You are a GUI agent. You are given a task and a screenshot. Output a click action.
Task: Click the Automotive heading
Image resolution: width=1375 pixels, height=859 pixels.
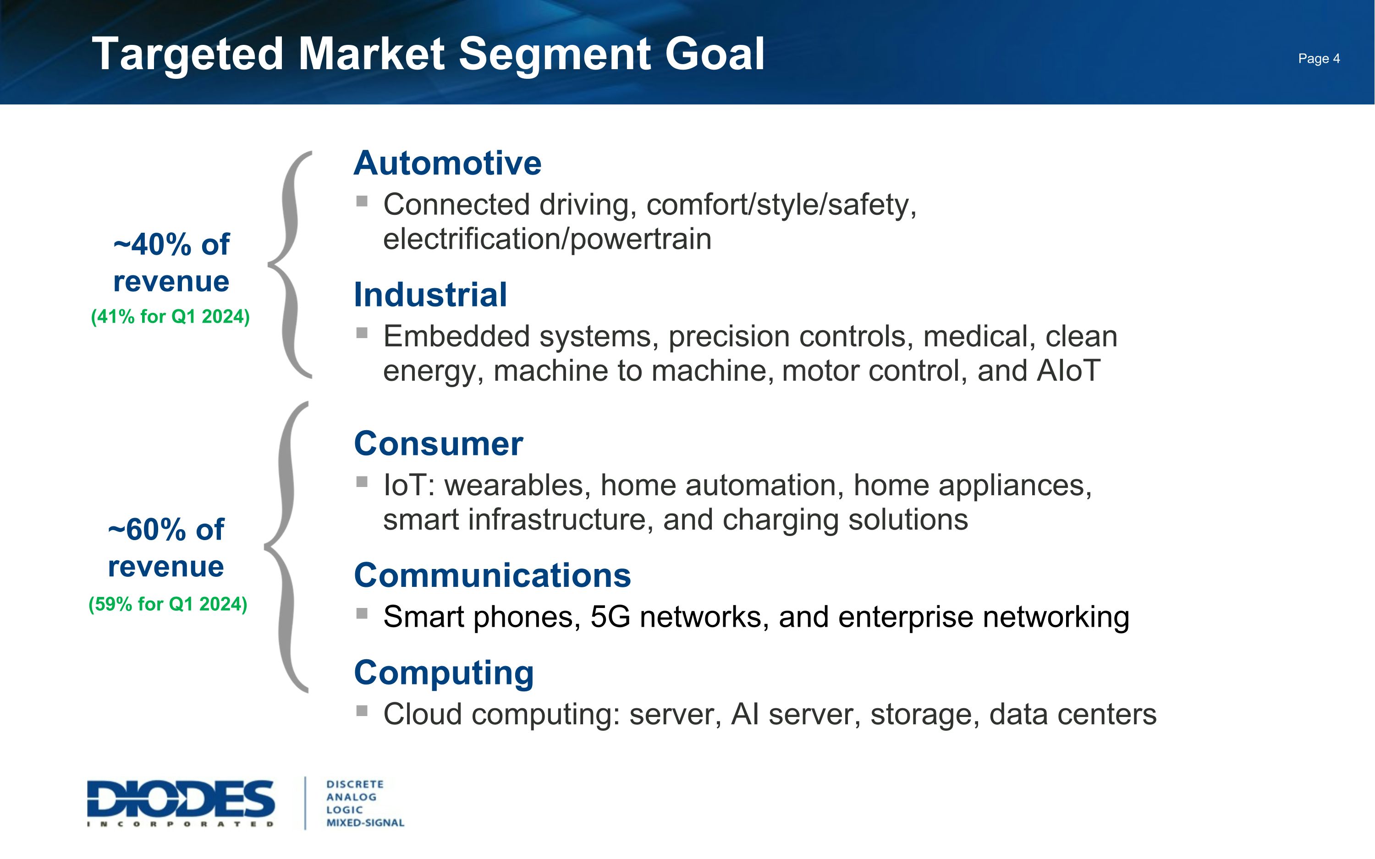click(447, 163)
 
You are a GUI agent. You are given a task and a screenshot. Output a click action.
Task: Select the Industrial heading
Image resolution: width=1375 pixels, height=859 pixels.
click(430, 295)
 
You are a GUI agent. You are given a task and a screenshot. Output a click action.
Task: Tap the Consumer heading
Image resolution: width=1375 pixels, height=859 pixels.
click(438, 444)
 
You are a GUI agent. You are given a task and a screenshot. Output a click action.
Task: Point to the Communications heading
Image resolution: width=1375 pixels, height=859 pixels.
click(492, 575)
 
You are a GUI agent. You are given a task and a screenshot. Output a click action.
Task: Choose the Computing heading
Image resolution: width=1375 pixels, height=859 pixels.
click(444, 673)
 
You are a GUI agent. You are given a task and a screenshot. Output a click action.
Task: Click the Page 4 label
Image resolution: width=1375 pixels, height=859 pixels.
click(1318, 59)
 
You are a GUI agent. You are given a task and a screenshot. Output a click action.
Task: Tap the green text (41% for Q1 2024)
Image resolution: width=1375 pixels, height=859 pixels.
click(170, 317)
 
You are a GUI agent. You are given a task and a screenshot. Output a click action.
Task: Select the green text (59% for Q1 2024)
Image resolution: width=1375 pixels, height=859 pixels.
click(168, 604)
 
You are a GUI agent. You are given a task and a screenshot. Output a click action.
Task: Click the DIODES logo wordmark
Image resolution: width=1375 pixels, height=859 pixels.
click(181, 799)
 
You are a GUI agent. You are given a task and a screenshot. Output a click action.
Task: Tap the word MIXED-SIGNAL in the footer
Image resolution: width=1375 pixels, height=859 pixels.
click(365, 823)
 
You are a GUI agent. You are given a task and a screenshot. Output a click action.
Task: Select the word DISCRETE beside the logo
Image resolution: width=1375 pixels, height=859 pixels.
click(355, 784)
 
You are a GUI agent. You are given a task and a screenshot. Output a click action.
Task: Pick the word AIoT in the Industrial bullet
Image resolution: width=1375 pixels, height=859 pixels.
click(1068, 371)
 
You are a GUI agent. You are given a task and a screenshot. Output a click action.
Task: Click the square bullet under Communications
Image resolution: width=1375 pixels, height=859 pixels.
click(362, 613)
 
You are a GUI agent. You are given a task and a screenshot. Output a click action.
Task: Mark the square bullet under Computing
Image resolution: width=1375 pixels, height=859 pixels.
click(362, 710)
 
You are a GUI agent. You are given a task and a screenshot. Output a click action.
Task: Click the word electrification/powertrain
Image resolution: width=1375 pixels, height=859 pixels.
click(547, 239)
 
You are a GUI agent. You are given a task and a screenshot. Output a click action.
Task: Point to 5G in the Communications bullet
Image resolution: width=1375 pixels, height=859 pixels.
click(610, 617)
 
